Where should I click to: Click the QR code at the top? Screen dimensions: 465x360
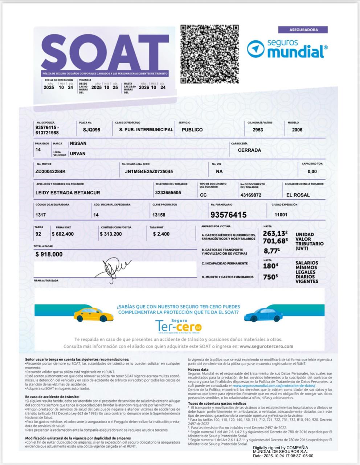tap(210, 54)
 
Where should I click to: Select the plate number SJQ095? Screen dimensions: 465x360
tap(91, 130)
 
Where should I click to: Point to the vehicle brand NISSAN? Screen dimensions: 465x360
tap(78, 143)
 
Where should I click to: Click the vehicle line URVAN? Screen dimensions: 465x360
tap(78, 154)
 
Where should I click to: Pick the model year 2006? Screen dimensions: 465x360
tap(297, 130)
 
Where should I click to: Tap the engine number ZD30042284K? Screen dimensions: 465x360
tap(51, 171)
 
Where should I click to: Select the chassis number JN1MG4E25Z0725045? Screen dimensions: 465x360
tap(149, 171)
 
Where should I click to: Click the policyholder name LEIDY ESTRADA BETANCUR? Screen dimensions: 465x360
tap(68, 193)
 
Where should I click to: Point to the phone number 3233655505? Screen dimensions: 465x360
tap(168, 193)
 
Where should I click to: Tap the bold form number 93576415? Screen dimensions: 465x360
tap(228, 215)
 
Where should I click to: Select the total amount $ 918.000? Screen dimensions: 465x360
tap(49, 254)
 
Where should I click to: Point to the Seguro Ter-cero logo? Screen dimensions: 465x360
tap(179, 325)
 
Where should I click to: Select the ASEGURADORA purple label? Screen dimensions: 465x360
tap(303, 30)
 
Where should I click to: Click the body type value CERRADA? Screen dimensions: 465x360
tap(249, 150)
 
